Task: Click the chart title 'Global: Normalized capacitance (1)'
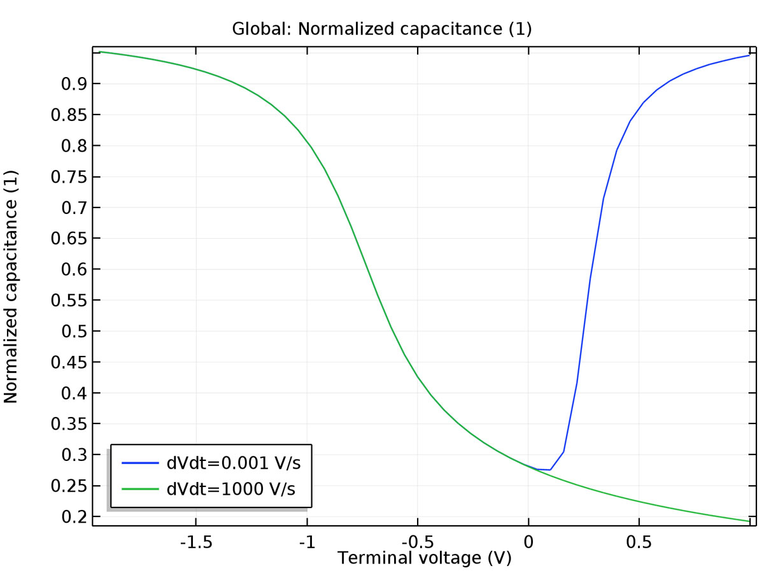point(381,29)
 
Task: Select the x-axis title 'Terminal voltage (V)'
point(424,558)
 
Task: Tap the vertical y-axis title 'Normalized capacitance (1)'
point(12,286)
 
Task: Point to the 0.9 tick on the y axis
point(72,84)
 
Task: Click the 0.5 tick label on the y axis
point(72,331)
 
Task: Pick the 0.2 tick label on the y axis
point(72,516)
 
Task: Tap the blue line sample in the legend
point(139,463)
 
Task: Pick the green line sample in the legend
point(139,489)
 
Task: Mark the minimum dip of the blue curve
point(549,470)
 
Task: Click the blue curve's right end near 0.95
point(749,55)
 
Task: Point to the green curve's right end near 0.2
point(749,521)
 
